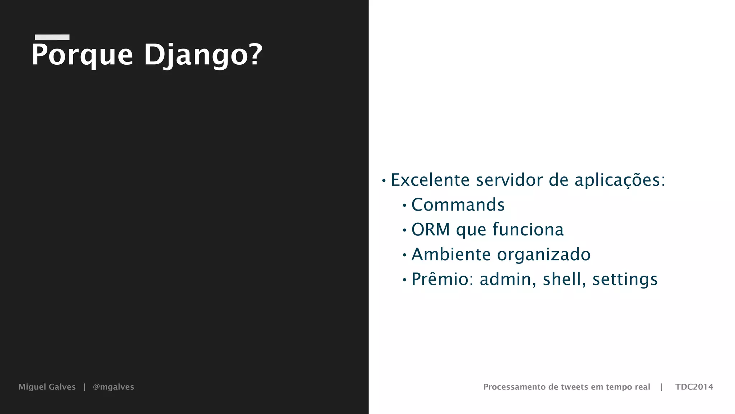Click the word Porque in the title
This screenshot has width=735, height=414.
pos(82,55)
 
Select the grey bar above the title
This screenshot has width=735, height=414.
pos(52,37)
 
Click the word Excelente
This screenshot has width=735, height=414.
pos(430,180)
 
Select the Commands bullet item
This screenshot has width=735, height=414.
pos(458,205)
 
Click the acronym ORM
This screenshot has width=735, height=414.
pos(430,229)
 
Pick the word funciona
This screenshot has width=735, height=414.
pos(528,229)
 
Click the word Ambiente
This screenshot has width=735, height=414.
pos(451,254)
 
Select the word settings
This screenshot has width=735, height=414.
pos(625,280)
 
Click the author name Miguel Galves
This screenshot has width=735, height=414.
pos(47,387)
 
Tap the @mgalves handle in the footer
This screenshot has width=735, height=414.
pos(113,387)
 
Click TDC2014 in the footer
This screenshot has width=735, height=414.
pos(694,387)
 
